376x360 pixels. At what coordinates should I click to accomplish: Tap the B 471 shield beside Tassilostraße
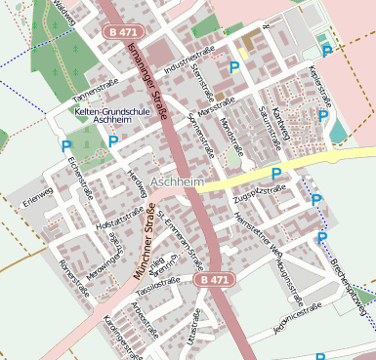(x=214, y=280)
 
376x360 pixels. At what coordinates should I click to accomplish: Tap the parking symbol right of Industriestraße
(x=233, y=67)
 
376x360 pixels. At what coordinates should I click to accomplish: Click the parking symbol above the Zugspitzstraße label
(x=276, y=174)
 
